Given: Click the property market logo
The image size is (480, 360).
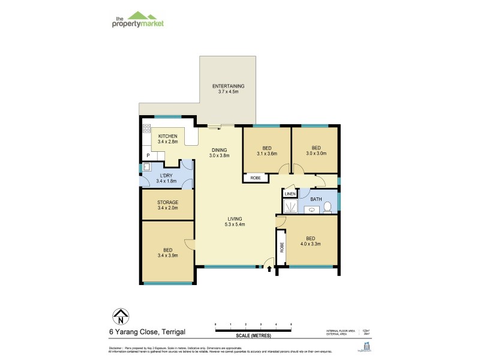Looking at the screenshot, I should (138, 19).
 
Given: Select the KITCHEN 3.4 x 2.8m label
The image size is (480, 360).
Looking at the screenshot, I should (167, 139).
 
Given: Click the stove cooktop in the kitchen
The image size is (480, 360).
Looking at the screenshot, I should (146, 128).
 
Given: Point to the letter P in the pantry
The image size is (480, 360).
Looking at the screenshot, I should (147, 156).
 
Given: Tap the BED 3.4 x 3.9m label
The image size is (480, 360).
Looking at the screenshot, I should (167, 254).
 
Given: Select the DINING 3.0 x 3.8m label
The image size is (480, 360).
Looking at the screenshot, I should (220, 152).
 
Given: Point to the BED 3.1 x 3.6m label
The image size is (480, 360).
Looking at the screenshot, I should (267, 151).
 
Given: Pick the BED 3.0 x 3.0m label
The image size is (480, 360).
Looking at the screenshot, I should (315, 150).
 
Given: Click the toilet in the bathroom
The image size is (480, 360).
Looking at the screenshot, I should (328, 208).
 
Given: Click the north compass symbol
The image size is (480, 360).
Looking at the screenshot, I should (121, 316).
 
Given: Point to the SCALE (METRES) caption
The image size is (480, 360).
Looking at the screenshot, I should (253, 335).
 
